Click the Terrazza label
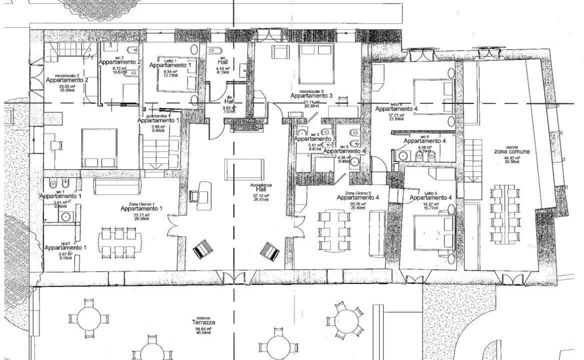click(205, 323)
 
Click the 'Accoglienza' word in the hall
click(261, 185)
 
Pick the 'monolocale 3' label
click(312, 91)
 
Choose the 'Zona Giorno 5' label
click(357, 193)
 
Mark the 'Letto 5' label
click(430, 193)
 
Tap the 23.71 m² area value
click(141, 214)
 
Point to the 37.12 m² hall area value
click(261, 195)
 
